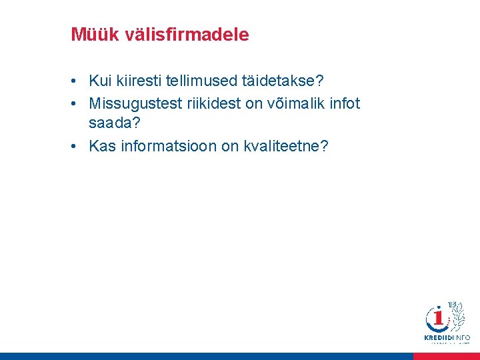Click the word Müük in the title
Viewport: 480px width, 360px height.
(x=93, y=35)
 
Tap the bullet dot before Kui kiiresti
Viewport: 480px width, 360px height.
(x=77, y=81)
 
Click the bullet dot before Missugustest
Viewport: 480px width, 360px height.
(x=77, y=104)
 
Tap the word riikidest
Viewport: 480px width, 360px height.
(x=214, y=104)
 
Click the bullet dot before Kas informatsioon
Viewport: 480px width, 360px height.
(x=77, y=146)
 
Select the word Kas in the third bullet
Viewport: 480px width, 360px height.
(x=103, y=146)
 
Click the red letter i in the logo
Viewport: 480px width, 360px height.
(x=439, y=318)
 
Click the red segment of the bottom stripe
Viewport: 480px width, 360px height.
(x=446, y=357)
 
